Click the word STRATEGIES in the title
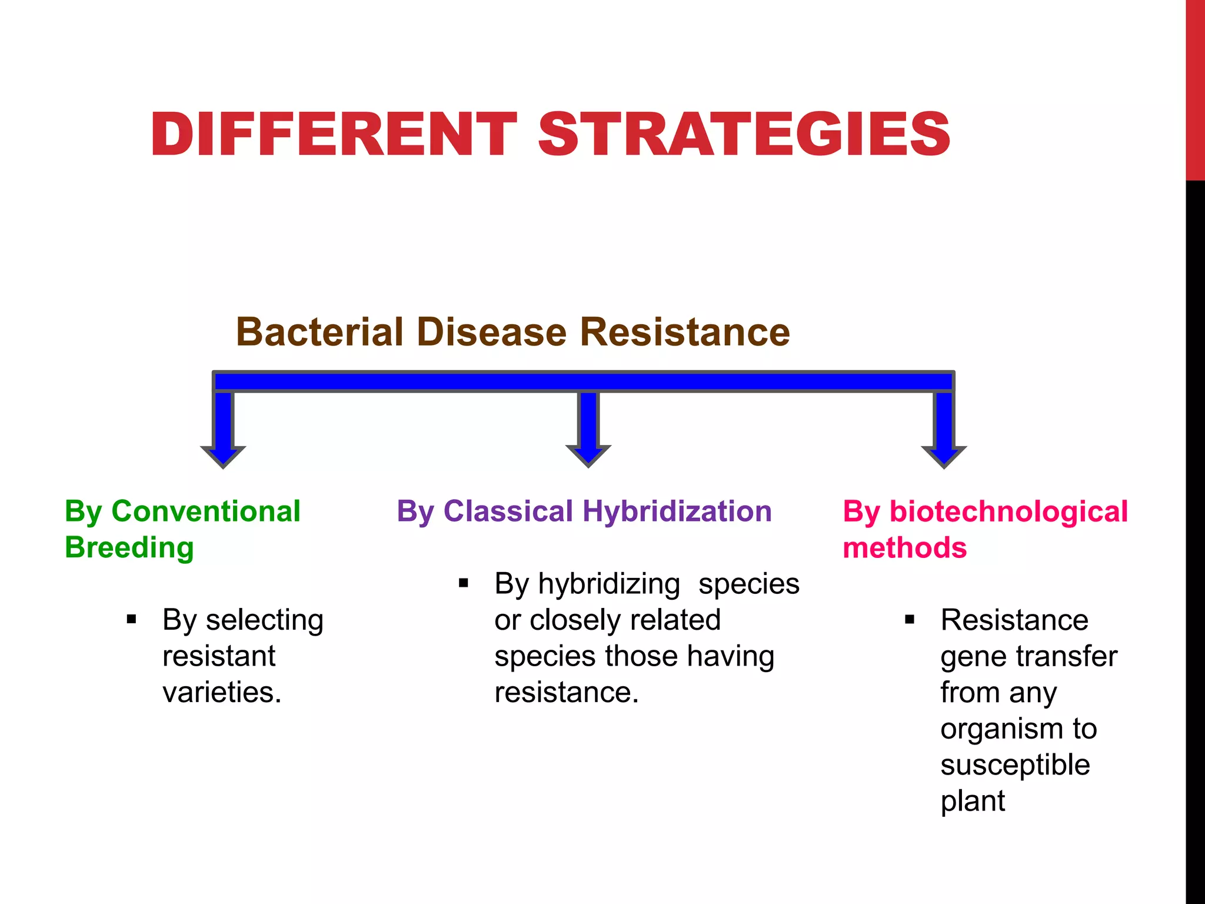[744, 135]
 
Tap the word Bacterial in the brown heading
[321, 332]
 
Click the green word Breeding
[129, 548]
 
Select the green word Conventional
[206, 511]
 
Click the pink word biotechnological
[1008, 511]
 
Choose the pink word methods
[904, 548]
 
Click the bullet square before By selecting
[131, 619]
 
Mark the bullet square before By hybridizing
[464, 583]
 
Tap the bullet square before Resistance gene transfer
[910, 619]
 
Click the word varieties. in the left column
[222, 692]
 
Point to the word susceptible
[1015, 765]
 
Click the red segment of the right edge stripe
[1195, 88]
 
